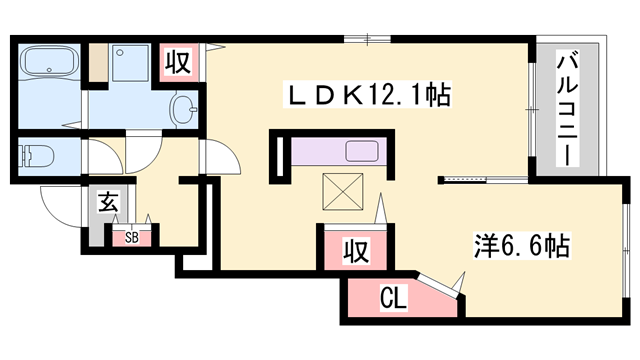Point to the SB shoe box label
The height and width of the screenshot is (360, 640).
132,238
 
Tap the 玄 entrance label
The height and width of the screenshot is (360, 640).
108,203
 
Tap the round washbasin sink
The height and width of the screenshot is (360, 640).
185,107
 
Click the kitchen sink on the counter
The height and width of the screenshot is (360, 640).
359,153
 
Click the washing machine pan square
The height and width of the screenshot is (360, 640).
127,65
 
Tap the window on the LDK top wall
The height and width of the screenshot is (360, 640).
367,38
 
